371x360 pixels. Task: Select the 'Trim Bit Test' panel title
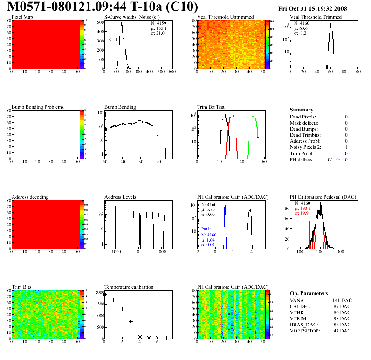pyautogui.click(x=211, y=107)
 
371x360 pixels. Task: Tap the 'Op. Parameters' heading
pyautogui.click(x=309, y=293)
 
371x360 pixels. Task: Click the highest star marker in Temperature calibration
pyautogui.click(x=105, y=294)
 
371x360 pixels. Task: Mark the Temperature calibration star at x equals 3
pyautogui.click(x=131, y=321)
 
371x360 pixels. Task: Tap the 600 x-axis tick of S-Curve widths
pyautogui.click(x=172, y=72)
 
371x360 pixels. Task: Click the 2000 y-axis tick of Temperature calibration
pyautogui.click(x=98, y=292)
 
